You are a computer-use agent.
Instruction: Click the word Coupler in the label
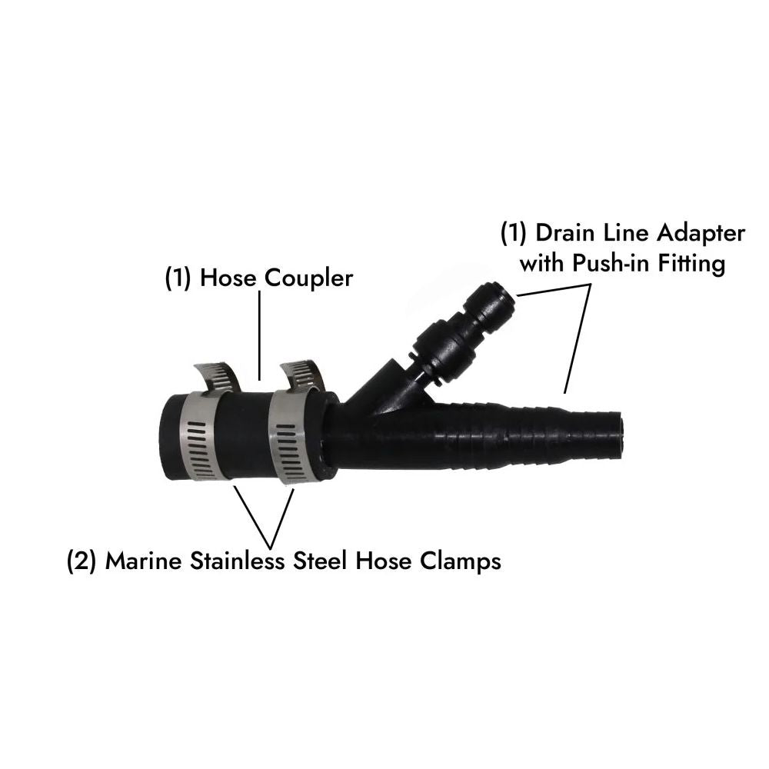308,278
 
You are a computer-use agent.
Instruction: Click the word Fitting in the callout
694,264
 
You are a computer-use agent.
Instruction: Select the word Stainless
245,560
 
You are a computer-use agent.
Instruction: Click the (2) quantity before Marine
82,560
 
